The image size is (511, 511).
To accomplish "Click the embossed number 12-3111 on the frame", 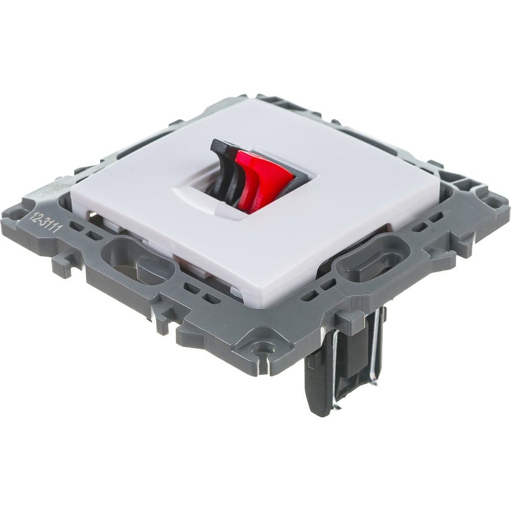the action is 45,223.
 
